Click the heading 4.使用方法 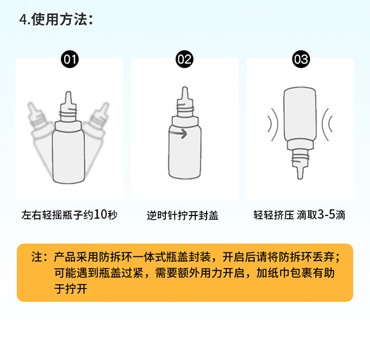click(x=56, y=20)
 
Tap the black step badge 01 click(x=70, y=59)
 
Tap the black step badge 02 click(x=184, y=59)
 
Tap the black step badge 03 click(x=300, y=59)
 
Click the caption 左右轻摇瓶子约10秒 click(x=69, y=216)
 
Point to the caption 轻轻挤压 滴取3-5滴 click(x=299, y=216)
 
